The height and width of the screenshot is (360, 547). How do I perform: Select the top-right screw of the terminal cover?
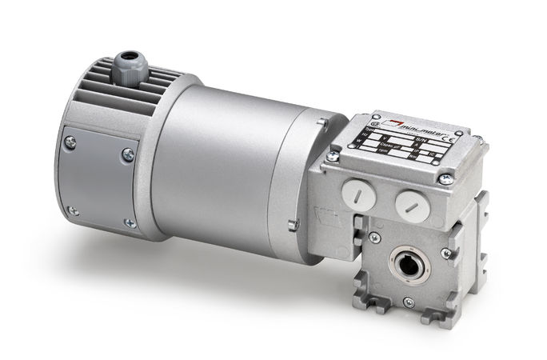click(127, 154)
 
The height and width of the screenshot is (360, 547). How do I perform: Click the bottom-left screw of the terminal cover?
click(73, 211)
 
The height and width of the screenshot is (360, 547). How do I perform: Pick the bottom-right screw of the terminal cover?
click(129, 223)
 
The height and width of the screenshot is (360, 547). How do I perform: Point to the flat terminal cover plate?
click(98, 182)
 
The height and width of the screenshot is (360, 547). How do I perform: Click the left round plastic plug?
click(357, 193)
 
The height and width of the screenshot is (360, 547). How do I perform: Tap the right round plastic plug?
click(412, 204)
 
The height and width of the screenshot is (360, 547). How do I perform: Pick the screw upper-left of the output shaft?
click(373, 238)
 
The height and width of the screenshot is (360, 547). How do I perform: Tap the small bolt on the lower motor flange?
click(293, 226)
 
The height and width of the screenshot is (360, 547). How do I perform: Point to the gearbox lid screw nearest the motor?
click(332, 156)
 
